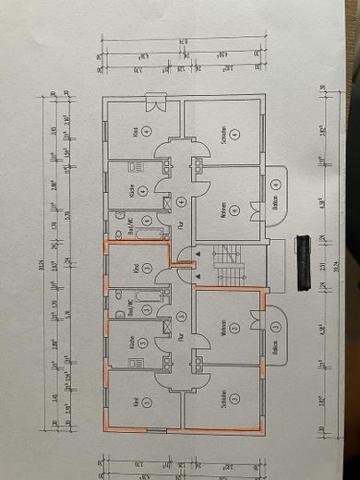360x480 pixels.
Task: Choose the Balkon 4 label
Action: [275, 196]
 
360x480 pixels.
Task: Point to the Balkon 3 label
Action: [275, 339]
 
